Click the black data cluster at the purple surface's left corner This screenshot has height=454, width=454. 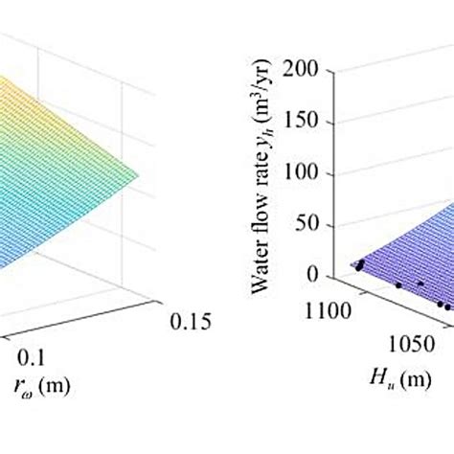coord(359,265)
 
